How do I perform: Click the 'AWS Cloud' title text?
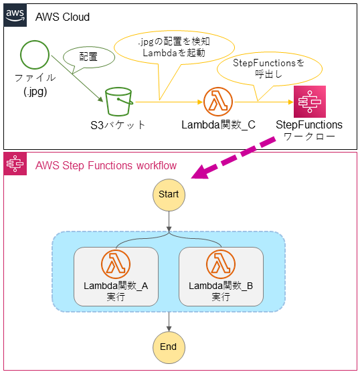62,17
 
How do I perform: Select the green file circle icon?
34,56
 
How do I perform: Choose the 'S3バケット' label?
118,125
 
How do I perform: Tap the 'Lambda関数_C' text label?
218,125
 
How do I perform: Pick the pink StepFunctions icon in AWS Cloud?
309,102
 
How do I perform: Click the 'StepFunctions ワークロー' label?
309,130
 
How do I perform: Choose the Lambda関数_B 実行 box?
220,275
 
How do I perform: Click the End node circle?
169,346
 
